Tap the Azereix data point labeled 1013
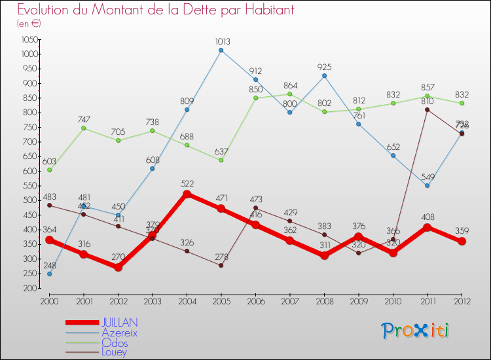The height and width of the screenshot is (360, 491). (221, 50)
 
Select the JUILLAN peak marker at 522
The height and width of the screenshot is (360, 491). (187, 194)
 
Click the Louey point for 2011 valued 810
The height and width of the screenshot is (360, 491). (427, 109)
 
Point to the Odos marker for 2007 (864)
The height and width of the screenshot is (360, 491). (290, 94)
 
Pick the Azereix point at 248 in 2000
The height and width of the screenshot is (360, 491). (49, 274)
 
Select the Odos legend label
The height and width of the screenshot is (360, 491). (115, 342)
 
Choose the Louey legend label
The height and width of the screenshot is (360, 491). (115, 352)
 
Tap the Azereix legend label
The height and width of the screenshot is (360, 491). (119, 333)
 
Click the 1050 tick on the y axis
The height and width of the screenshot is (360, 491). (28, 39)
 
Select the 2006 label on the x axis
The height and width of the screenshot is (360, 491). (255, 301)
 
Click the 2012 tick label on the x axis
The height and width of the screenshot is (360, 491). (462, 301)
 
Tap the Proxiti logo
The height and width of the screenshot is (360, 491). (416, 331)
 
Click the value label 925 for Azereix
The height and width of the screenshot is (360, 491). (324, 67)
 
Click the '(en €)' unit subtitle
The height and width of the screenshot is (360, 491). (29, 23)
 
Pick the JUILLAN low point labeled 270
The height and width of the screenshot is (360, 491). (118, 267)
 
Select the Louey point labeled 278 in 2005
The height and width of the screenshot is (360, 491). (221, 265)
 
